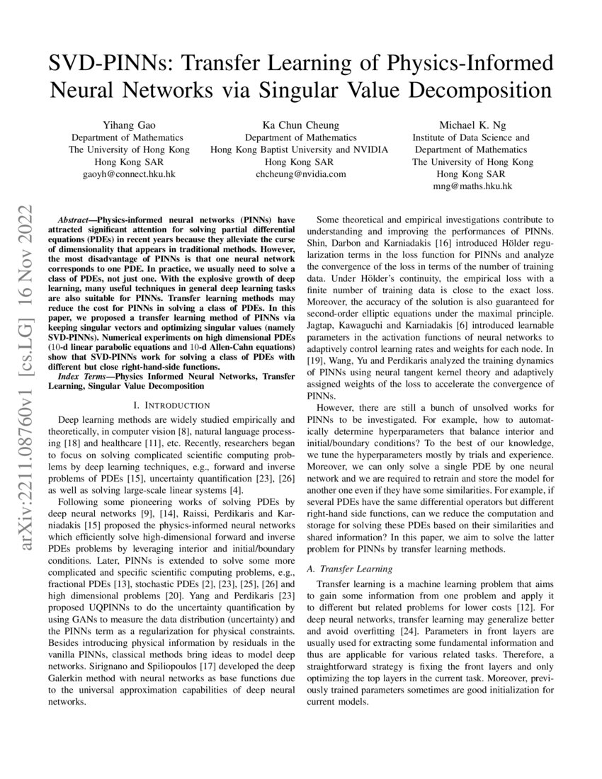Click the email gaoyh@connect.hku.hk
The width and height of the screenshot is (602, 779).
coord(129,174)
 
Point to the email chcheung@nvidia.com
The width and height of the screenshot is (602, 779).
coord(301,174)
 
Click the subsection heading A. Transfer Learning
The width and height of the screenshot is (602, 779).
coord(348,569)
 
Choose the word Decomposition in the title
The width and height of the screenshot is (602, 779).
coord(477,91)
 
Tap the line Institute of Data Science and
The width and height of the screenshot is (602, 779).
coord(471,137)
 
